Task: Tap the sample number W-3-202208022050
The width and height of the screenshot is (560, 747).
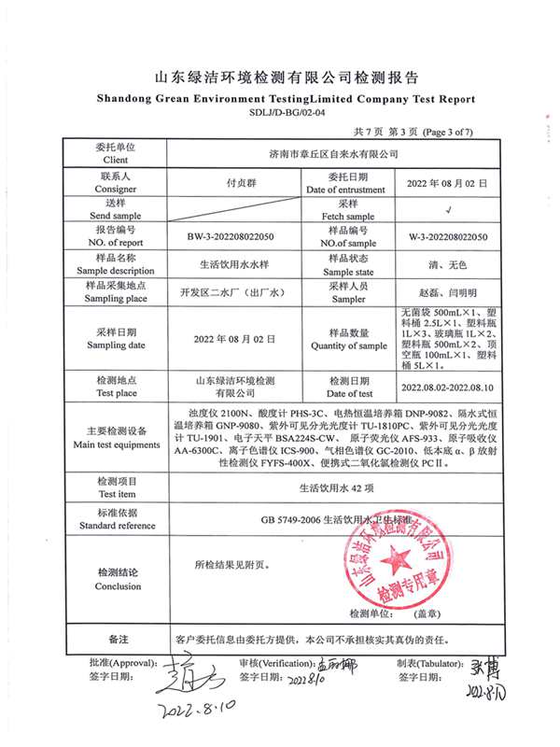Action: (448, 237)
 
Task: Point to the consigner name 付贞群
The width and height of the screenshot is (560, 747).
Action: (231, 183)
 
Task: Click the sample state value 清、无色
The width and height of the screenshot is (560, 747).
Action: (449, 264)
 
